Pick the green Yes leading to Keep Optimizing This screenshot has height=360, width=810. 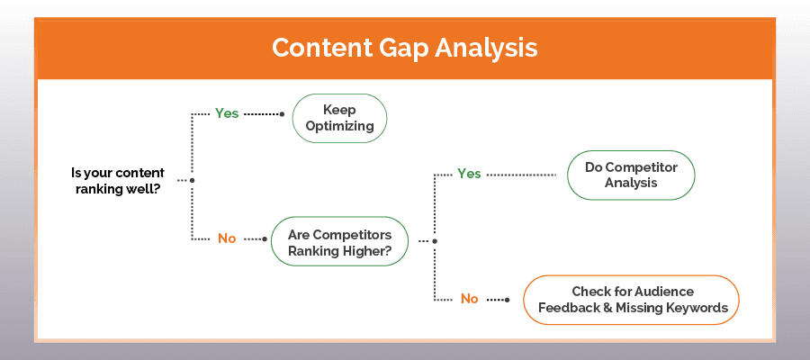point(227,113)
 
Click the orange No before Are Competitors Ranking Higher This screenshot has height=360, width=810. point(227,238)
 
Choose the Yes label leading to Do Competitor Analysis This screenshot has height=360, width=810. point(469,174)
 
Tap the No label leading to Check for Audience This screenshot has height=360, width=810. point(469,299)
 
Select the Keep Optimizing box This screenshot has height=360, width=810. point(339,119)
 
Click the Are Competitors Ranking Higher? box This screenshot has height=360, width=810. point(339,240)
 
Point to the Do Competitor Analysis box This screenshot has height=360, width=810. point(631,175)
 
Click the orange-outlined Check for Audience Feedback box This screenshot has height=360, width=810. point(631,299)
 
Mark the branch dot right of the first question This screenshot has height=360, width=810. point(193,180)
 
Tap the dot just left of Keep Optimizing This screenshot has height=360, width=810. point(283,114)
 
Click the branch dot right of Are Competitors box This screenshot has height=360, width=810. point(435,240)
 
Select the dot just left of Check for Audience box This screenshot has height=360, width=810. point(514,299)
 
